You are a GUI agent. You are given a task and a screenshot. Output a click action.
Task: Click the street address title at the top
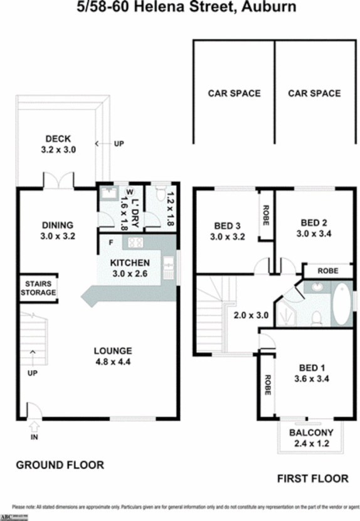point(179,8)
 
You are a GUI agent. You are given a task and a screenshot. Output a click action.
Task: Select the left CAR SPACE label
point(234,94)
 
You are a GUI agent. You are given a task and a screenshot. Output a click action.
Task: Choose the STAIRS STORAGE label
point(38,288)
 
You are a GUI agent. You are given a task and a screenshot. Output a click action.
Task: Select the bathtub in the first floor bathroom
point(341,304)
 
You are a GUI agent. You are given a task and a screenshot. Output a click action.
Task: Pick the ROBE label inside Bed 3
point(266,214)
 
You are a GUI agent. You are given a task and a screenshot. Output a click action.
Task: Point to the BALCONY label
point(311,432)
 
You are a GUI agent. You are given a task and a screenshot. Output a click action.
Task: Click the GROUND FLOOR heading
point(60,465)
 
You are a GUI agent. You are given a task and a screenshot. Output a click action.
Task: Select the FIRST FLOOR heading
point(312,478)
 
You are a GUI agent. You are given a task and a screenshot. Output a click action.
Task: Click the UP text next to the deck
point(119,144)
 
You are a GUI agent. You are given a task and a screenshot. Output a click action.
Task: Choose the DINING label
point(58,225)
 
